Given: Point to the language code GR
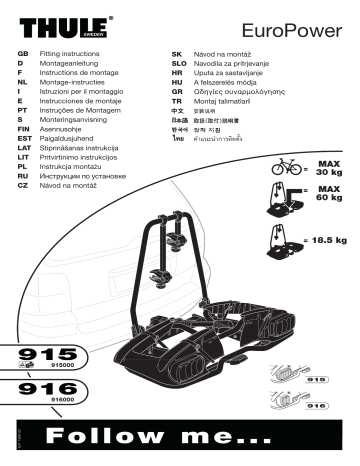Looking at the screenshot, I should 176,85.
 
